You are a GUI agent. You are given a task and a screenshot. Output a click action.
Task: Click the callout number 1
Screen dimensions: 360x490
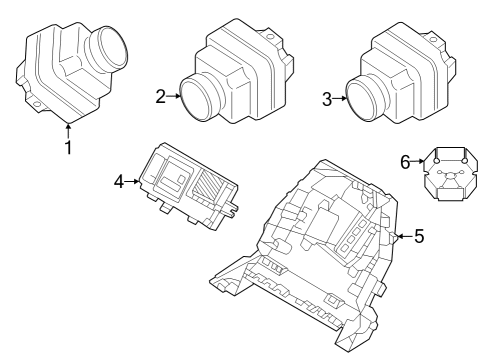[68, 148]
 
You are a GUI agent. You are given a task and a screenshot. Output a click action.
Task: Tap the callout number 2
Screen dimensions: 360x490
[161, 96]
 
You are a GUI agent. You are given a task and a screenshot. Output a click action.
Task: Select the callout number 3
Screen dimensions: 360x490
[327, 98]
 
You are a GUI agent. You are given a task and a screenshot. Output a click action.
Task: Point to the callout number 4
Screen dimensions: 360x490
[119, 181]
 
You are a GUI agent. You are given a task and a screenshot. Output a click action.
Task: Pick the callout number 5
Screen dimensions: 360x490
[419, 237]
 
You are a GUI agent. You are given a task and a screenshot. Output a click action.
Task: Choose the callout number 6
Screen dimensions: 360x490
[405, 160]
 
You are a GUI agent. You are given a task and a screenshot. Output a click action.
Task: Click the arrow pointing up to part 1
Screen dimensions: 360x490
[68, 128]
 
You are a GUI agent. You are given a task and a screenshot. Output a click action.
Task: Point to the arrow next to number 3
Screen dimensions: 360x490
[342, 98]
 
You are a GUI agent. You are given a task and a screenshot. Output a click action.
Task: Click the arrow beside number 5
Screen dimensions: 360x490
[402, 237]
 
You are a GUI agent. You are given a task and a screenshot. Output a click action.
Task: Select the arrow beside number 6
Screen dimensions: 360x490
[419, 160]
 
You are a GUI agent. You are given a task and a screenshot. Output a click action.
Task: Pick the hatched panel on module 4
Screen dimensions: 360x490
[211, 189]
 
